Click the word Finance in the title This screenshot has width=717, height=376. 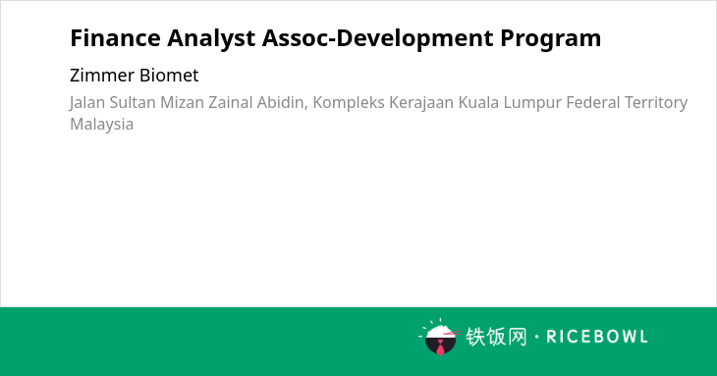click(115, 38)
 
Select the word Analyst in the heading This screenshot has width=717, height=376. click(211, 39)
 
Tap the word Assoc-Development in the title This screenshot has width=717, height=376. click(378, 39)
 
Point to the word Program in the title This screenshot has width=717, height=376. click(551, 39)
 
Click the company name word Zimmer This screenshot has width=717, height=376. click(102, 76)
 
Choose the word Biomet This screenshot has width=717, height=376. click(169, 76)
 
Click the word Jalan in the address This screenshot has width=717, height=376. click(87, 103)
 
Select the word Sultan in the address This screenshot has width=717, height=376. click(133, 102)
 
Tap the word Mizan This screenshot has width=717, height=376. click(182, 102)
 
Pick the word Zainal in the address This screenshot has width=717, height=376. click(231, 102)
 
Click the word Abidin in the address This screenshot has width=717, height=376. click(282, 103)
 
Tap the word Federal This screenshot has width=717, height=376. click(593, 102)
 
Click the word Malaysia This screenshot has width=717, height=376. click(102, 125)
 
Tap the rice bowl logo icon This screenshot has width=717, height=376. click(439, 337)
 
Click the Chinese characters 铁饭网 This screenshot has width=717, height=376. click(496, 337)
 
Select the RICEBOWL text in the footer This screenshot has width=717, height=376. click(597, 337)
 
